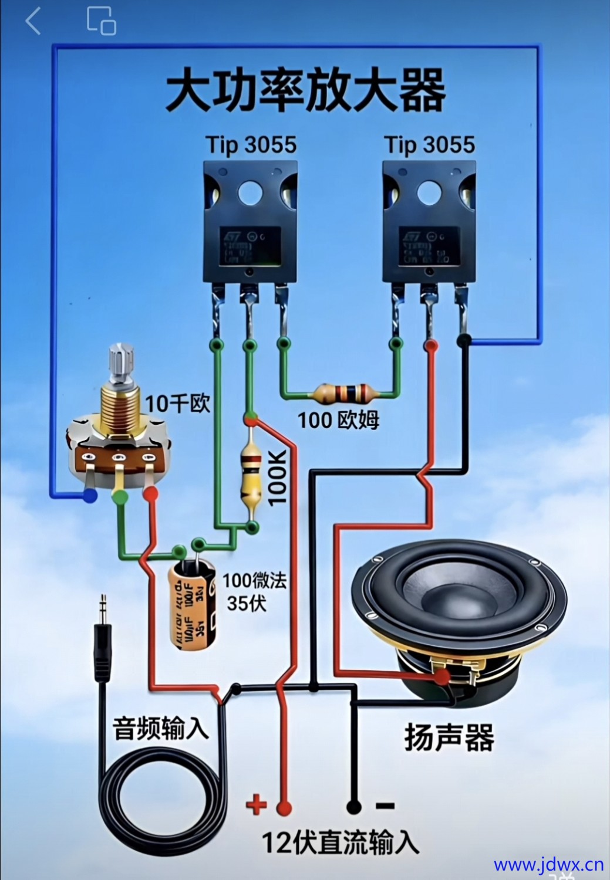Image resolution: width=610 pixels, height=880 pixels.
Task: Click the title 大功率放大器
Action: click(305, 92)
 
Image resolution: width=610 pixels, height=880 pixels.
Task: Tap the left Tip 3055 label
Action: click(251, 144)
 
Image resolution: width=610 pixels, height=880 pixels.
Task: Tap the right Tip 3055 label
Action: click(429, 144)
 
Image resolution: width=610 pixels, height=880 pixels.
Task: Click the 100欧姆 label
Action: click(339, 420)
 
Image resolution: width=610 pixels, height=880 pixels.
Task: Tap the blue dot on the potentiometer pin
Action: click(90, 496)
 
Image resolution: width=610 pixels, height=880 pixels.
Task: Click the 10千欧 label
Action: click(178, 404)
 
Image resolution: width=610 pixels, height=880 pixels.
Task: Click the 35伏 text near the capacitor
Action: click(247, 603)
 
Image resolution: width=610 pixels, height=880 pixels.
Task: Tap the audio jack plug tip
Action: click(103, 604)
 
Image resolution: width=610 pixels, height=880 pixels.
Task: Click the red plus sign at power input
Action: click(256, 804)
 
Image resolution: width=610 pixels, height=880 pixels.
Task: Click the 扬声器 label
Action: click(449, 737)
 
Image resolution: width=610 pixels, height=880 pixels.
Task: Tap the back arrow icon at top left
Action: click(33, 22)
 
